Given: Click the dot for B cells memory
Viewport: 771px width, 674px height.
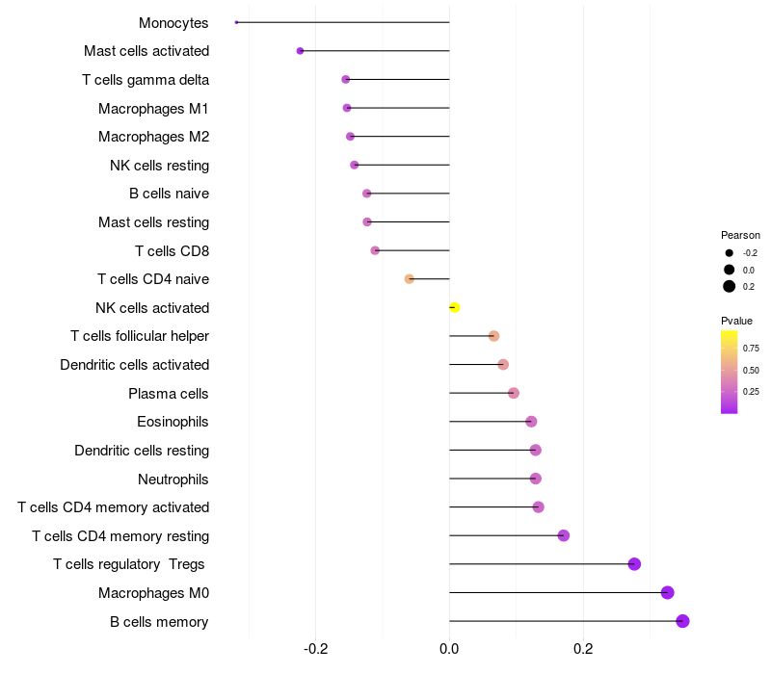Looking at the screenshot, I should [682, 621].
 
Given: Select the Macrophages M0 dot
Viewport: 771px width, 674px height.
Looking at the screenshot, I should [667, 593].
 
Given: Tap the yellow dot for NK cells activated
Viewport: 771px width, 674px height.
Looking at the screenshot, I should [454, 308].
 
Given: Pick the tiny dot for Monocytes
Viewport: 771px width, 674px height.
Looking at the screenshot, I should [236, 22].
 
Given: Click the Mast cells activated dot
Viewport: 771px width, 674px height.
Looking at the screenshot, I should [300, 51].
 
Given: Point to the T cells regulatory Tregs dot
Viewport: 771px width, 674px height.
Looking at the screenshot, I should [634, 564].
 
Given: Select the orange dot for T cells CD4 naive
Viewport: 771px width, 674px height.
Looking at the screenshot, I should [409, 279].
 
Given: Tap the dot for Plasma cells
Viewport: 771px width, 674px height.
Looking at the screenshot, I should [514, 393].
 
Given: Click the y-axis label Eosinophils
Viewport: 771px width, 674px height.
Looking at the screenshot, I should [173, 422].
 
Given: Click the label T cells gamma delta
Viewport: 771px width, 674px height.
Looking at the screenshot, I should [146, 80].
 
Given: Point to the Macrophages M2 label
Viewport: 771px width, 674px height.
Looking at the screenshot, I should [153, 137].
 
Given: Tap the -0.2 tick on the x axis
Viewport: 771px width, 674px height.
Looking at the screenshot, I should [315, 649].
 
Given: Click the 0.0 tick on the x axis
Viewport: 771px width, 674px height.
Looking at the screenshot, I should [449, 649].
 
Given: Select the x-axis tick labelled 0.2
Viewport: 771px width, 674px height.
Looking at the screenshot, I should [583, 649].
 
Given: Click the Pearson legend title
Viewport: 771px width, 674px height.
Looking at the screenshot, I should [740, 235].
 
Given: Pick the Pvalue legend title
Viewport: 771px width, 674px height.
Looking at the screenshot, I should [736, 321].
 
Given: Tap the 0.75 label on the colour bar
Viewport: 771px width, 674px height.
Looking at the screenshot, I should [751, 349].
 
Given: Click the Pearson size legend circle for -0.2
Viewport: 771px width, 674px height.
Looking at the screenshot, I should [730, 253].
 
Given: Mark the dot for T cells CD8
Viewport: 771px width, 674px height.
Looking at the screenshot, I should [375, 250].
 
